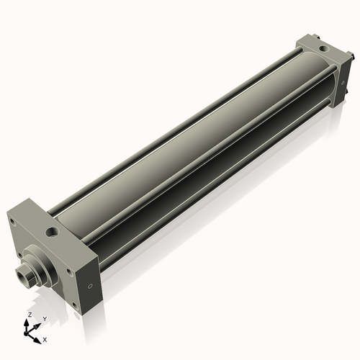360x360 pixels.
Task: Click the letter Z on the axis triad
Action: tap(29, 315)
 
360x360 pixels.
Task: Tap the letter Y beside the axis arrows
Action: tap(44, 318)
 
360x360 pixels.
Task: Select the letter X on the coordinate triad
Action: tap(45, 338)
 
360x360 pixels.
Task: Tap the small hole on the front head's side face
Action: tap(89, 287)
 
